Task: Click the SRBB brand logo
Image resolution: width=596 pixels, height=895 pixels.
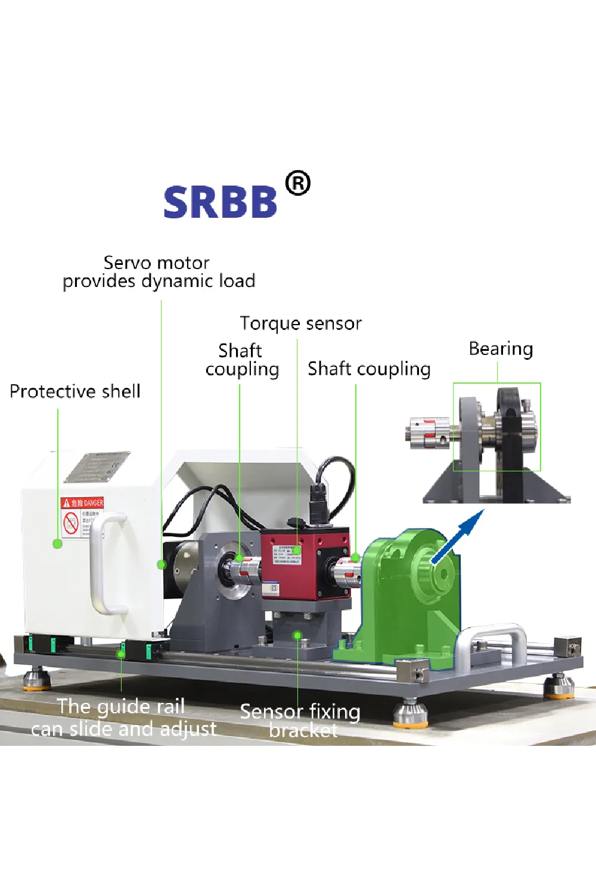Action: click(x=220, y=202)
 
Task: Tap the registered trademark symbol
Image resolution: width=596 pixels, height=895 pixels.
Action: click(x=297, y=183)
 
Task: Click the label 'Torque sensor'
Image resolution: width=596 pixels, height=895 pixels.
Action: click(x=300, y=323)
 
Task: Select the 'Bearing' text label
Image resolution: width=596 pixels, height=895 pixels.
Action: click(x=501, y=348)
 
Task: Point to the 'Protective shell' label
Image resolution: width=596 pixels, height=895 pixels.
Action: click(x=75, y=391)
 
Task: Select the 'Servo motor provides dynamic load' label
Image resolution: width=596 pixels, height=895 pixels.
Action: click(x=159, y=272)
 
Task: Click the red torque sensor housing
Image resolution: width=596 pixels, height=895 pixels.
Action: click(x=304, y=567)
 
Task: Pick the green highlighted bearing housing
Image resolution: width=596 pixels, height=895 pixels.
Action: click(x=405, y=597)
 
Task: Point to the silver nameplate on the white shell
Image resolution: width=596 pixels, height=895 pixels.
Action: click(x=97, y=467)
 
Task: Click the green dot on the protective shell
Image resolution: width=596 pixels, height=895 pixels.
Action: click(x=57, y=544)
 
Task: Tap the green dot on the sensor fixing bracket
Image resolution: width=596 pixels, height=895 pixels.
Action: click(x=297, y=635)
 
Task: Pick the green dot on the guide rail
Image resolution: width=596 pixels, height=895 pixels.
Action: click(x=121, y=654)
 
